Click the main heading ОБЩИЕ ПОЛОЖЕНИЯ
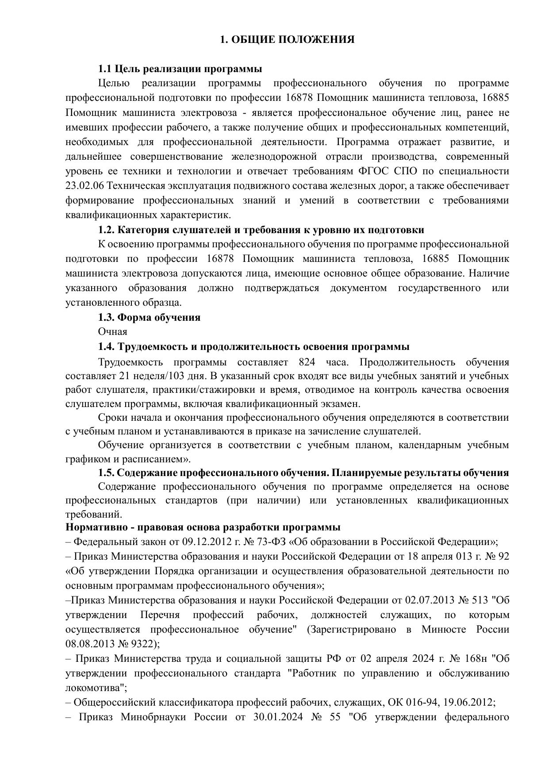click(287, 40)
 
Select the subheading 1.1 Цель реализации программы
click(180, 69)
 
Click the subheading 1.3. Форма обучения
click(149, 317)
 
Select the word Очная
click(112, 332)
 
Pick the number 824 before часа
click(307, 362)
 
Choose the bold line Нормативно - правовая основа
click(203, 527)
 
